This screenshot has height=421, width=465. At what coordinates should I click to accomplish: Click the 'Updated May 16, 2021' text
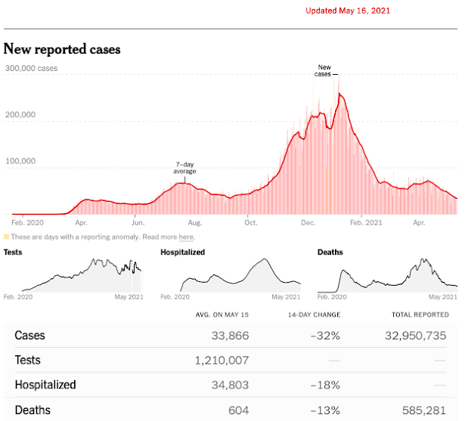(x=349, y=11)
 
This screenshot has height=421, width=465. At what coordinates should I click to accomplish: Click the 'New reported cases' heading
(x=62, y=50)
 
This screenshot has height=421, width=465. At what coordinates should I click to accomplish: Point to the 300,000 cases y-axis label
(x=31, y=69)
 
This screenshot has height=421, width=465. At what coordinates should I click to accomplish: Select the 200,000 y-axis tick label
(x=20, y=115)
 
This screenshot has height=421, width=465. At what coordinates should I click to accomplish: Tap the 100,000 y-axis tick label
(x=20, y=161)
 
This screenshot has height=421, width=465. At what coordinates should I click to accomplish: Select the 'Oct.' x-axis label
(x=250, y=224)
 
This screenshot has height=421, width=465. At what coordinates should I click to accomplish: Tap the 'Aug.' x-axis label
(x=194, y=224)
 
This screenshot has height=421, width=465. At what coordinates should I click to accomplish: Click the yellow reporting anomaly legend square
(x=7, y=237)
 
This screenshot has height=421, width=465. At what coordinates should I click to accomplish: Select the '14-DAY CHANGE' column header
(x=314, y=314)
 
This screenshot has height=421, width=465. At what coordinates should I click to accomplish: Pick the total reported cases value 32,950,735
(x=415, y=336)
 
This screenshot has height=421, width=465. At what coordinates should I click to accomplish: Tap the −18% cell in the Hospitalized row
(x=325, y=385)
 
